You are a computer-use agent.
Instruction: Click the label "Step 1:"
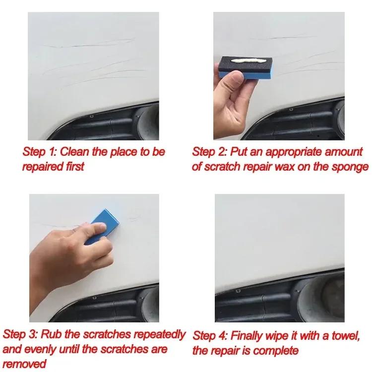(41, 152)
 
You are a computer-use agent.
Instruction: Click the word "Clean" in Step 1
(76, 152)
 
